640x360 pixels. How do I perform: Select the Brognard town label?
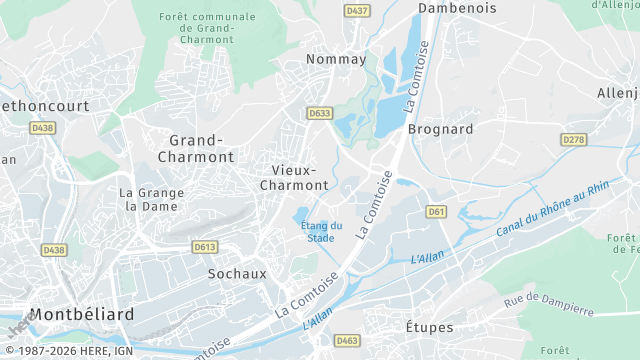[x=440, y=129]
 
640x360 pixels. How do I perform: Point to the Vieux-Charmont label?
[x=293, y=178]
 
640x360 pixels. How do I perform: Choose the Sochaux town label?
[x=237, y=272]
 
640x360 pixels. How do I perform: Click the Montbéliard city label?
[x=81, y=314]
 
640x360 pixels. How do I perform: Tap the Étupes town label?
[x=429, y=327]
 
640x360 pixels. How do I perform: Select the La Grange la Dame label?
[x=148, y=199]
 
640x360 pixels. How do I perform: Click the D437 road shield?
[x=356, y=10]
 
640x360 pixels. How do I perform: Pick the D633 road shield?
[x=319, y=113]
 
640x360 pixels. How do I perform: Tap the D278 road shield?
[x=574, y=139]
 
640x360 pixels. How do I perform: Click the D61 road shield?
[x=436, y=211]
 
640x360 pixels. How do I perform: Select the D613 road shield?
[x=205, y=246]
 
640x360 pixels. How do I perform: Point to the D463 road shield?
[x=346, y=340]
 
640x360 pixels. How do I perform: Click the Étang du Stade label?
[x=321, y=231]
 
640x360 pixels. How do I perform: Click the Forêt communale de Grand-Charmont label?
[x=206, y=28]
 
